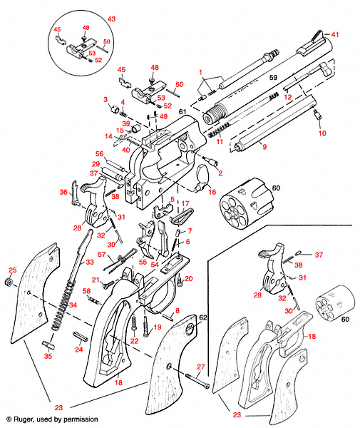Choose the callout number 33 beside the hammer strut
[x=90, y=263]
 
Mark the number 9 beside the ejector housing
[x=264, y=147]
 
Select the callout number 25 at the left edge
[x=11, y=270]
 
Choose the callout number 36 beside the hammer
[x=63, y=192]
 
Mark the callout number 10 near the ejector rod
[x=322, y=133]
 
